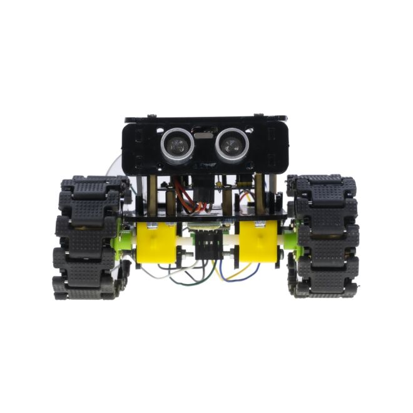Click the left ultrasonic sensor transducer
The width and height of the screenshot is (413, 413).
(177, 145)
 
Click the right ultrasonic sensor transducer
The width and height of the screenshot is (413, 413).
(231, 145)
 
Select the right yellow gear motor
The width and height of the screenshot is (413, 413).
(259, 242)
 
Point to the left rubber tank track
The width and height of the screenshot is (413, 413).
(88, 238)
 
